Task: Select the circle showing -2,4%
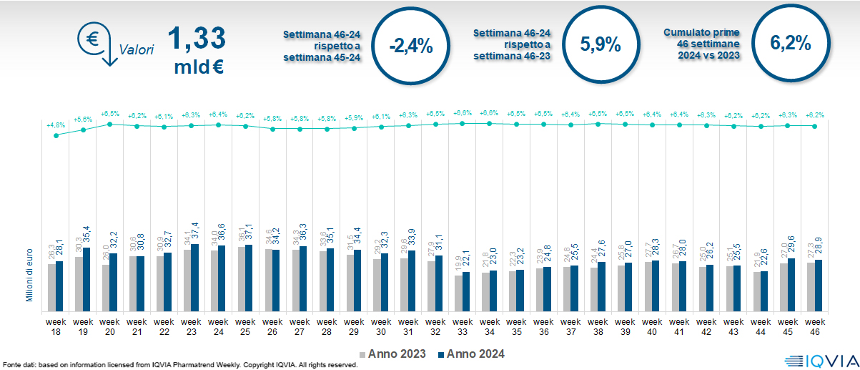411,47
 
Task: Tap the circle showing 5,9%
600,44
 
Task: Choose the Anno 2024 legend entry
471,354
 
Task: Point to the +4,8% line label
56,125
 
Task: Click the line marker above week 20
110,124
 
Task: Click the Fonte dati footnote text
179,365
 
